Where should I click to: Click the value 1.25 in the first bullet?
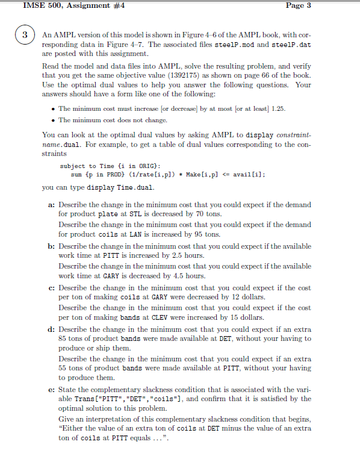pos(278,108)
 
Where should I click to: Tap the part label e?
pos(51,390)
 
